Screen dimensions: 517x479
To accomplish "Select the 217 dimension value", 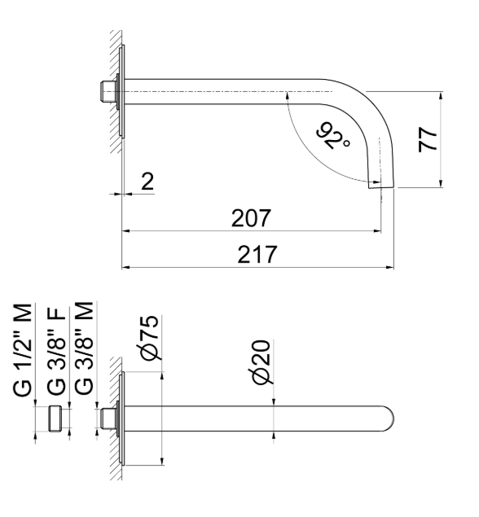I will tap(258, 254).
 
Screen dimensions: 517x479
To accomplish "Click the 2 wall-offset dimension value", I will tap(147, 182).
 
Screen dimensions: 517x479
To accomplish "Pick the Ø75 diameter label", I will tap(149, 340).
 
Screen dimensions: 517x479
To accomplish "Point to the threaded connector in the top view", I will tap(107, 419).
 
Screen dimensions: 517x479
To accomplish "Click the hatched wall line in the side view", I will tap(116, 90).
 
